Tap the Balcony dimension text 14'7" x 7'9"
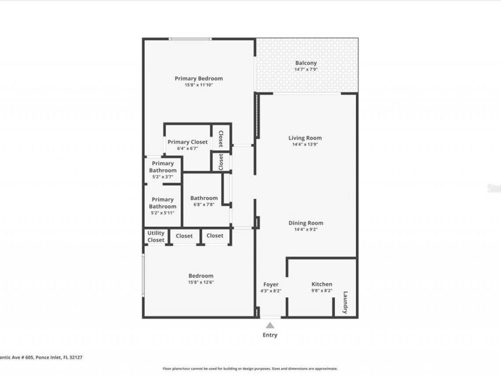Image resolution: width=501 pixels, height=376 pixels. tap(306, 70)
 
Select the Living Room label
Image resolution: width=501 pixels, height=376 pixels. tap(304, 138)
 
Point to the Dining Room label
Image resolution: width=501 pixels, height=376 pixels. tap(306, 223)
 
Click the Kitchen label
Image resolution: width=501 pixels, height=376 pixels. tap(322, 284)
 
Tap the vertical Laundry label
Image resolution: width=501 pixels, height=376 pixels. tap(346, 302)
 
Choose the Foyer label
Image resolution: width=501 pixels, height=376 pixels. tap(271, 285)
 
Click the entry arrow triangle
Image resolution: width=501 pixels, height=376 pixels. tap(270, 325)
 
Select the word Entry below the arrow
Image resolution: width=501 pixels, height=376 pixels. tap(270, 335)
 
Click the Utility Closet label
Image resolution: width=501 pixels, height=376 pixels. tap(156, 237)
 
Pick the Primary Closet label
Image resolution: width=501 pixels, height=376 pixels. tap(188, 142)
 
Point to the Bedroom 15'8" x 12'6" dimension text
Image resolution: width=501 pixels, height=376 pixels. tap(200, 282)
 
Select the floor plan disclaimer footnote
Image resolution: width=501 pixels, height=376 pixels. tap(249, 368)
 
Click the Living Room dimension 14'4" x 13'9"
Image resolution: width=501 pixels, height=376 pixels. tap(304, 144)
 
